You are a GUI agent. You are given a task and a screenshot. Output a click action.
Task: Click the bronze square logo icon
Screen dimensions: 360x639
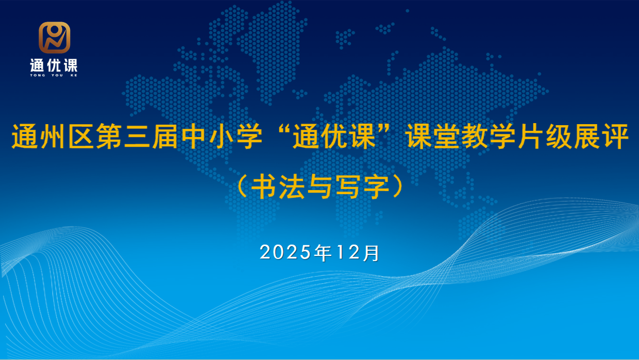[x=54, y=38]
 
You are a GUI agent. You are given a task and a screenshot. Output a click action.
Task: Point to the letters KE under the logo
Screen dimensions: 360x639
[x=73, y=75]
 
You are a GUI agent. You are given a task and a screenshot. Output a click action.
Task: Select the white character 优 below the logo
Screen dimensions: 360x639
[x=54, y=65]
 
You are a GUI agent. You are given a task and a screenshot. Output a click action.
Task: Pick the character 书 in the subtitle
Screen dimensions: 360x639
[x=264, y=187]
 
